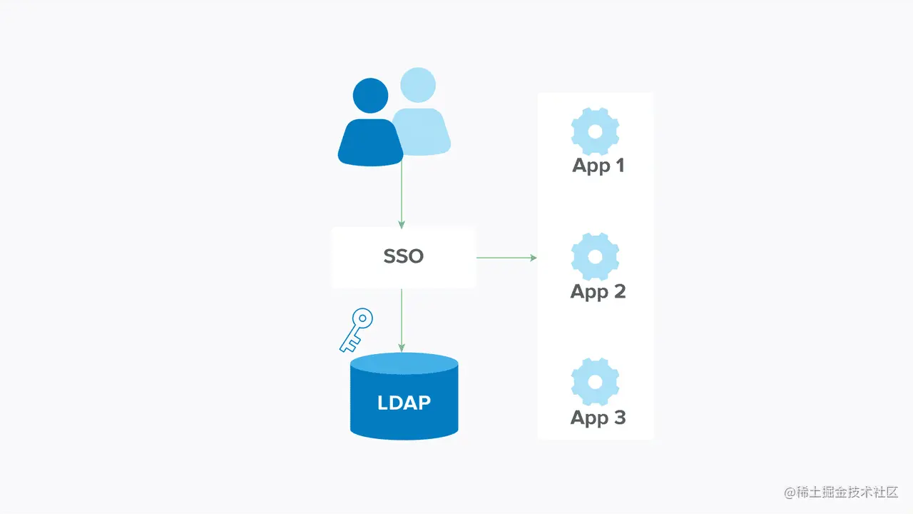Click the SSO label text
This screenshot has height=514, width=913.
pyautogui.click(x=404, y=257)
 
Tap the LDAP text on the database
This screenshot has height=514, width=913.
pyautogui.click(x=404, y=403)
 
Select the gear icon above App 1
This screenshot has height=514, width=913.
pyautogui.click(x=595, y=131)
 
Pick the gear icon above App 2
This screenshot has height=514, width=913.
pyautogui.click(x=595, y=256)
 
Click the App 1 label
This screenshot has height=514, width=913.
pyautogui.click(x=598, y=166)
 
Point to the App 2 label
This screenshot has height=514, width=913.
pyautogui.click(x=598, y=291)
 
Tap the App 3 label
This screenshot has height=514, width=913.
pyautogui.click(x=598, y=418)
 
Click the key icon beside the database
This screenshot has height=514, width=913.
pyautogui.click(x=355, y=331)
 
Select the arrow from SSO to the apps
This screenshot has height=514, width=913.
pyautogui.click(x=506, y=257)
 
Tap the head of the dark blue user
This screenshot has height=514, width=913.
pyautogui.click(x=371, y=95)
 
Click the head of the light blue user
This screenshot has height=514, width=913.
pyautogui.click(x=418, y=85)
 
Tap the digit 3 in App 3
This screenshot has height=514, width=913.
pyautogui.click(x=618, y=418)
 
